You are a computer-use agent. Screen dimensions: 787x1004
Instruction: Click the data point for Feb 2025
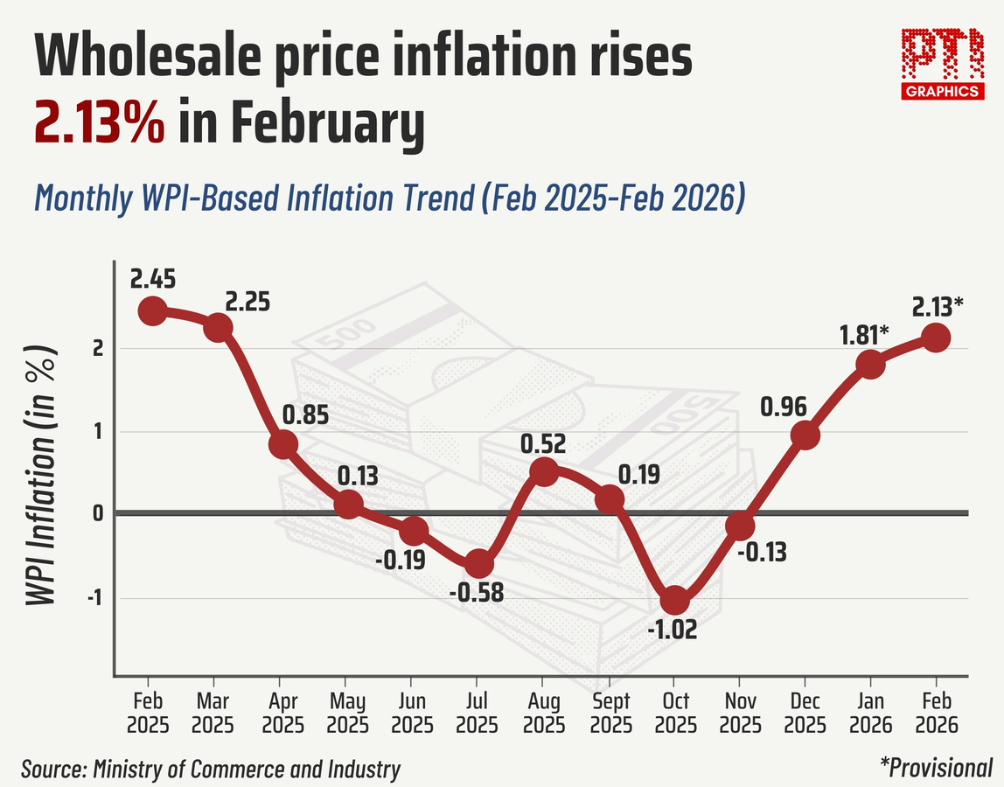tap(152, 310)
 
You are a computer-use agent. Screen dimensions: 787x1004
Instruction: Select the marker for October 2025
tap(674, 601)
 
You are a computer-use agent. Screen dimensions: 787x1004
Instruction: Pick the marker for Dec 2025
tap(805, 435)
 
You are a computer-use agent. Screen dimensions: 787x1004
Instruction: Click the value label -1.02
tap(673, 630)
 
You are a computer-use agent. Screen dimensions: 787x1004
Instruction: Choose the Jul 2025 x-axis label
tap(477, 714)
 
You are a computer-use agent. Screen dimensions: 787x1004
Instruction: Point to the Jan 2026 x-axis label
tap(870, 714)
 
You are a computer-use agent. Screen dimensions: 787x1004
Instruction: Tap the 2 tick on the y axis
tap(97, 348)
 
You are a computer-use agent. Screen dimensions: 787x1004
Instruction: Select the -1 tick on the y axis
tap(94, 599)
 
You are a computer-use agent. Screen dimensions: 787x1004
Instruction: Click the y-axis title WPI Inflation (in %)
tap(40, 472)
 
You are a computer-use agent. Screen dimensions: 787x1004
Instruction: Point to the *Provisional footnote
tap(936, 768)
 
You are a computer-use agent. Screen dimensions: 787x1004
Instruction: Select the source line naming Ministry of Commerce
tap(211, 770)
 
